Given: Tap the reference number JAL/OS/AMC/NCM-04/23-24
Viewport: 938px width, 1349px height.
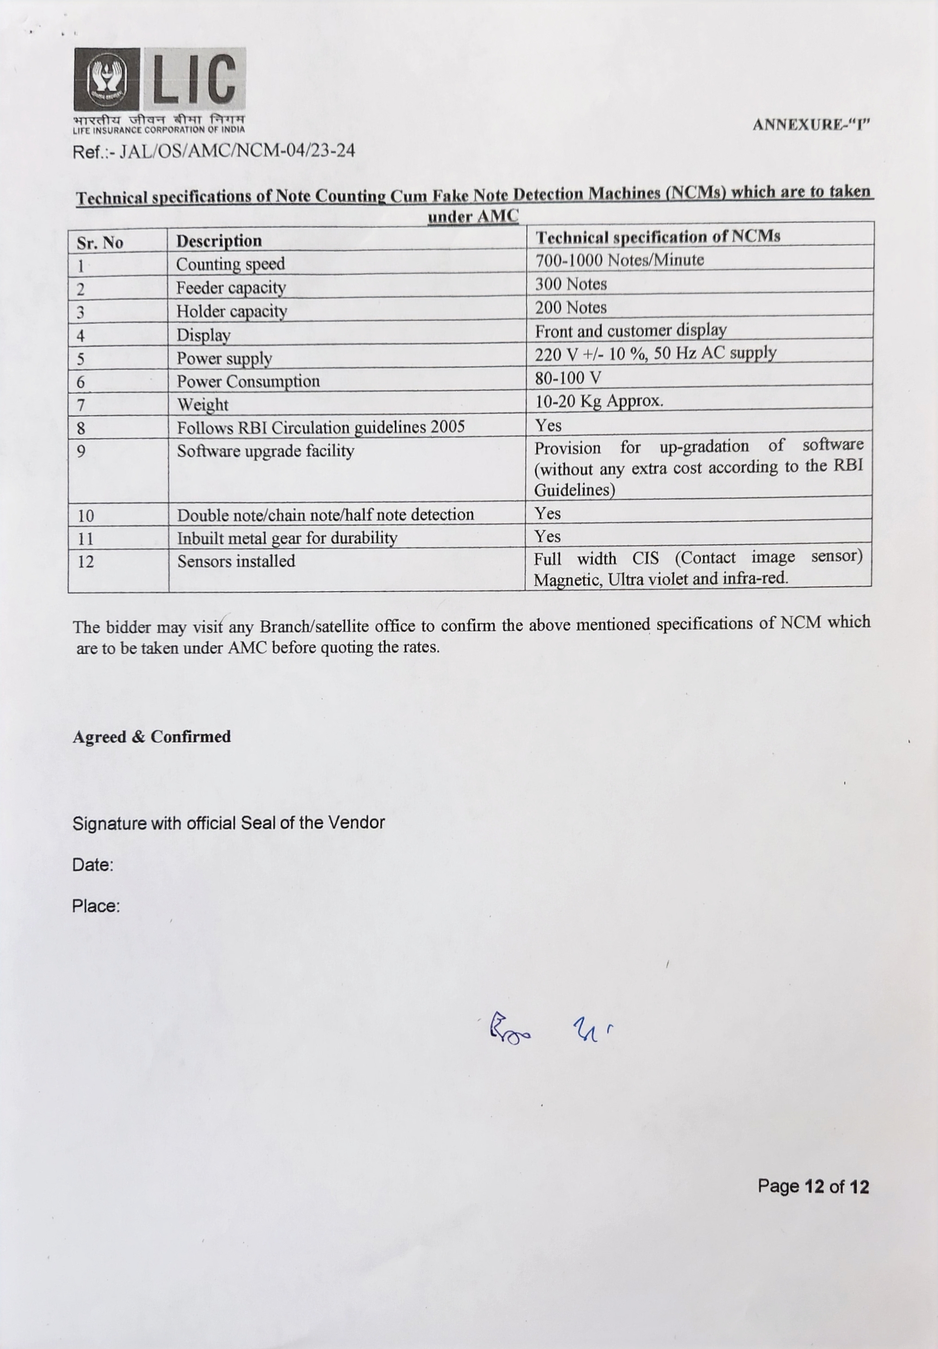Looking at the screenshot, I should [213, 151].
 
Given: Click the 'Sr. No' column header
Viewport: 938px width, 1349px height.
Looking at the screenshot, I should [100, 242].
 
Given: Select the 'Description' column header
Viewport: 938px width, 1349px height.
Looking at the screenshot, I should [219, 241].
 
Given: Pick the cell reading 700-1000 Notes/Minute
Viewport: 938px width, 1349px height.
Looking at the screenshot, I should [619, 260].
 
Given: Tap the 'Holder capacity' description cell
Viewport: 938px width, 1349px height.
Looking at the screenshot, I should [231, 311].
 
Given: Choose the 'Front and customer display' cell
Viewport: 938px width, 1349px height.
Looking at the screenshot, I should [630, 331].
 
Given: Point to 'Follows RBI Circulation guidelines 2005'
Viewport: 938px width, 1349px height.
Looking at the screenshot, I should [320, 427].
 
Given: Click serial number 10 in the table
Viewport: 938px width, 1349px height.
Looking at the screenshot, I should [86, 516].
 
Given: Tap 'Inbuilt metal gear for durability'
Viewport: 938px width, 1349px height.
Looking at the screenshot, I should [287, 538].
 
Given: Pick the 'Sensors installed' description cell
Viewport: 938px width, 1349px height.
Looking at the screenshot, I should [236, 562].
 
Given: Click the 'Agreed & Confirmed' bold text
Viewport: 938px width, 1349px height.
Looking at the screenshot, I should [152, 736].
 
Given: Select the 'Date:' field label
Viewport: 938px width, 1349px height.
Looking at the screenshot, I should [92, 865].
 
